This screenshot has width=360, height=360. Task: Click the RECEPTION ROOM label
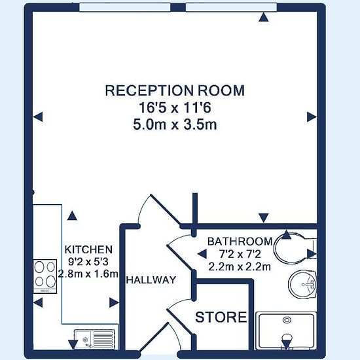click(175, 90)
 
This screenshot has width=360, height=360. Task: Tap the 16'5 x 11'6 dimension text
click(175, 107)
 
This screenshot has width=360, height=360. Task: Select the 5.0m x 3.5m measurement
click(175, 125)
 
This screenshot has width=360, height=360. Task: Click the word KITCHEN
click(88, 249)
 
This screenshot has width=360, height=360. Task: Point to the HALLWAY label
click(151, 280)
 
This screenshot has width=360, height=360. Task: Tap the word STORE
click(221, 317)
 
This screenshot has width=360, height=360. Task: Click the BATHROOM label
click(240, 242)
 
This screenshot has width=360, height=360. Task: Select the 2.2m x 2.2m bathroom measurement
click(240, 267)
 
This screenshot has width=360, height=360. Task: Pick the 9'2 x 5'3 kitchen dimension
click(88, 262)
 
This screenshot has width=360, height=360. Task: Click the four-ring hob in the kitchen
click(45, 276)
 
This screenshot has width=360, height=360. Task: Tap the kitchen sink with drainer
click(94, 339)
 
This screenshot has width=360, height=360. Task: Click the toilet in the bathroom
click(295, 249)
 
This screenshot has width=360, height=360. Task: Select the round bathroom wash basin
click(302, 284)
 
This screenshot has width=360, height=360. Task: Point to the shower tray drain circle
click(287, 320)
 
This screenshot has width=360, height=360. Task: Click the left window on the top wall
click(125, 7)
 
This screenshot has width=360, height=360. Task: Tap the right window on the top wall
click(231, 7)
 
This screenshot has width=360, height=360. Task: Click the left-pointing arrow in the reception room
click(38, 117)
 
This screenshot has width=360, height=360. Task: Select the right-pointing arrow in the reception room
click(312, 117)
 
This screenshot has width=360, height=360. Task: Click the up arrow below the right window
click(264, 17)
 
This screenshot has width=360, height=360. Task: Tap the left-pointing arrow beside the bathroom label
click(202, 254)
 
